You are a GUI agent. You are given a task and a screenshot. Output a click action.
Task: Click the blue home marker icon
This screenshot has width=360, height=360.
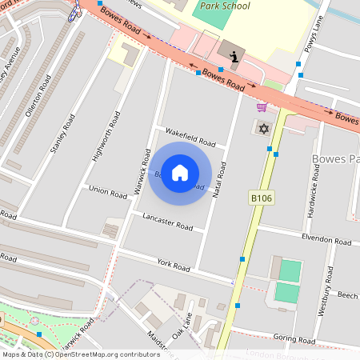pyautogui.click(x=180, y=172)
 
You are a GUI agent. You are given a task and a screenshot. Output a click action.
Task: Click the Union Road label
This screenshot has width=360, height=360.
pyautogui.click(x=108, y=192)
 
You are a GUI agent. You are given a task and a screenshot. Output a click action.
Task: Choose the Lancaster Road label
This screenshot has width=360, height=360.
pyautogui.click(x=167, y=222)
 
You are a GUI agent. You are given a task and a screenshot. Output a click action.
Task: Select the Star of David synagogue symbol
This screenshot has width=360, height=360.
pyautogui.click(x=262, y=128)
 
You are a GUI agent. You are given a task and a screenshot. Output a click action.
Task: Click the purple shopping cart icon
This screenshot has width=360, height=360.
pyautogui.click(x=261, y=107)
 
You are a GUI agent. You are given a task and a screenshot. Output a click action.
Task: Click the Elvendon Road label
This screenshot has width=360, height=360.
pyautogui.click(x=326, y=240)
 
